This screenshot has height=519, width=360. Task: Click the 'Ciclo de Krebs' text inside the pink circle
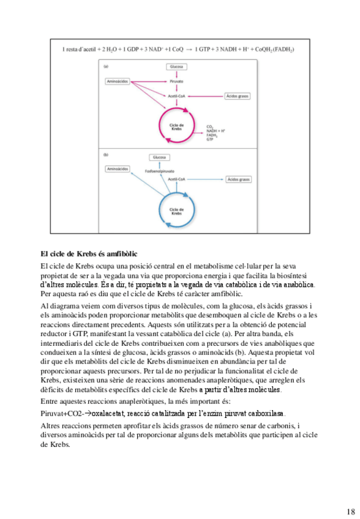click(x=176, y=127)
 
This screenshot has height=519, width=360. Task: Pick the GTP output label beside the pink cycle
click(x=210, y=139)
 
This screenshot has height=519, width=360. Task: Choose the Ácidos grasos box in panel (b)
click(x=239, y=179)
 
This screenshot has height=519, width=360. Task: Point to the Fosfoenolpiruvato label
click(x=160, y=171)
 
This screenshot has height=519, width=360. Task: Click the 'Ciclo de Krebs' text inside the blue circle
click(x=176, y=211)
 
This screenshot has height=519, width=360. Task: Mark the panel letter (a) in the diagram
click(x=106, y=65)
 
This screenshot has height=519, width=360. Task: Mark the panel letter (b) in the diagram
click(x=106, y=154)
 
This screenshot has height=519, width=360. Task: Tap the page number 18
click(x=350, y=511)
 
